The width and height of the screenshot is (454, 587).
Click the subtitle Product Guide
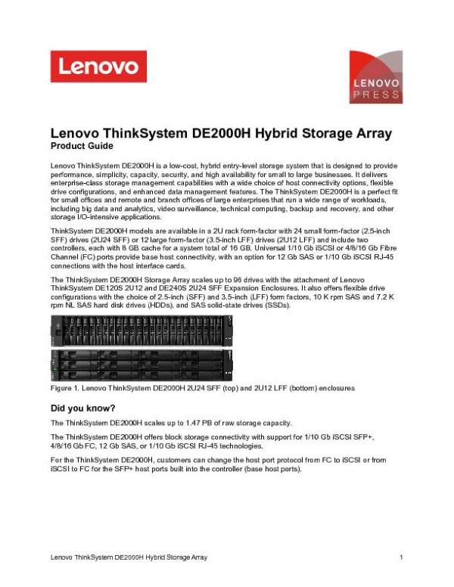(x=81, y=146)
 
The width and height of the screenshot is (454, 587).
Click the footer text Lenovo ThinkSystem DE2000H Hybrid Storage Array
(x=129, y=557)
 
